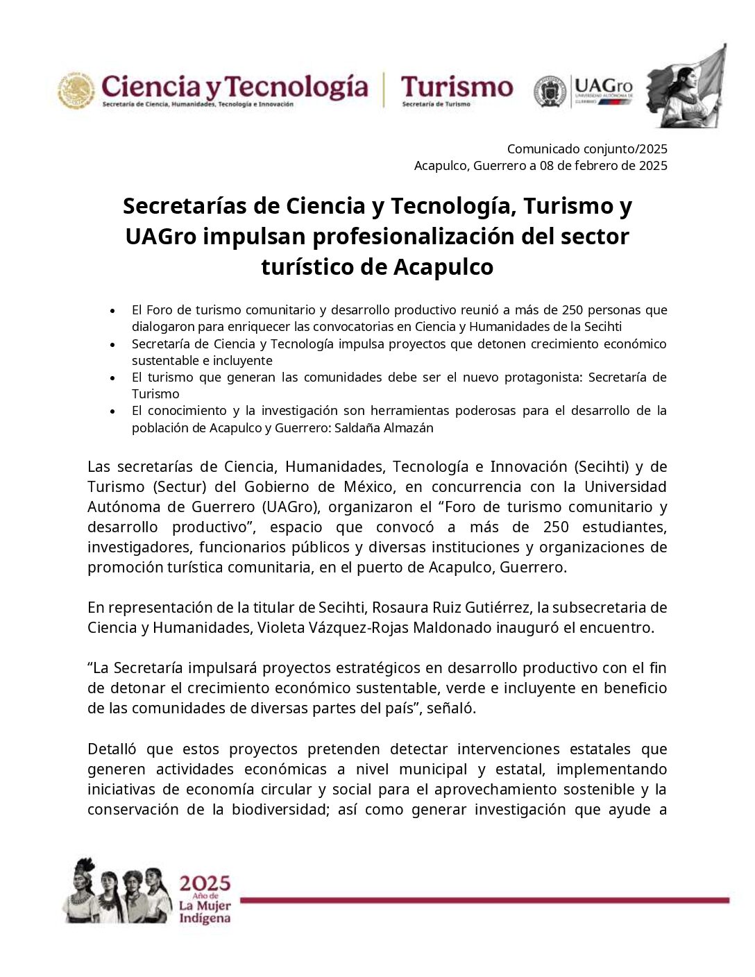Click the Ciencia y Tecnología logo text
tap(235, 87)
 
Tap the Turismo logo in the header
tap(457, 87)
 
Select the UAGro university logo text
tap(603, 89)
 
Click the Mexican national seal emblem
tap(76, 90)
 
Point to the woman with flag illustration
tap(686, 87)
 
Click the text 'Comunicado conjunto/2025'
tap(587, 148)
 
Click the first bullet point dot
tap(112, 310)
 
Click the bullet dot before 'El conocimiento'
tap(112, 411)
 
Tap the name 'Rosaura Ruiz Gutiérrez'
tap(450, 607)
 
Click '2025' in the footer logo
tap(204, 883)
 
